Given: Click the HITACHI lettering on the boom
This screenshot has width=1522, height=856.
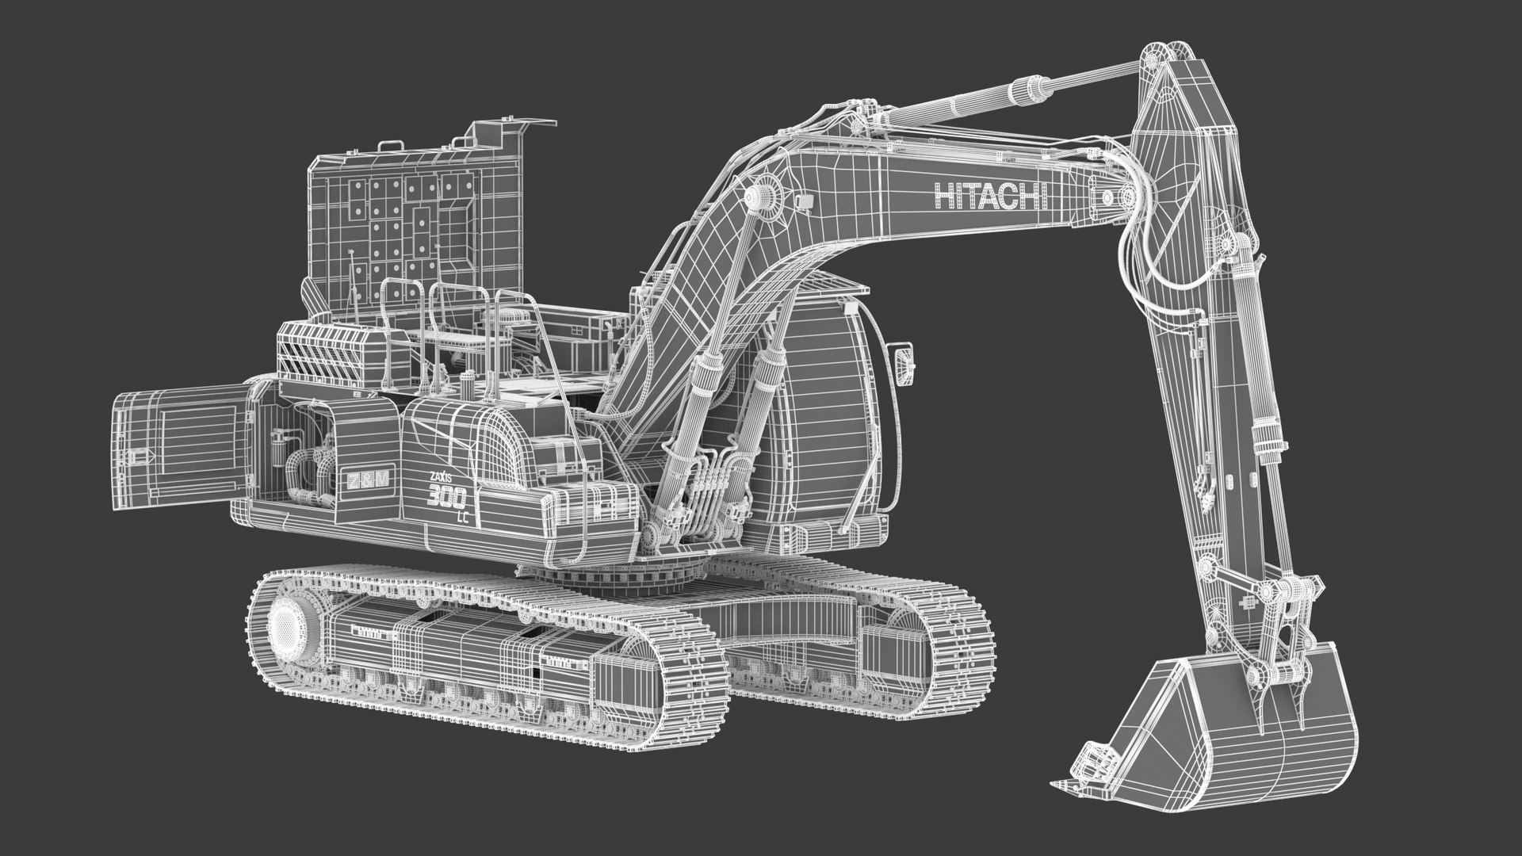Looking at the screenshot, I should point(992,194).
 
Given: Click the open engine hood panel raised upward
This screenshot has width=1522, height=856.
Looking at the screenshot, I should point(412,214).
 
